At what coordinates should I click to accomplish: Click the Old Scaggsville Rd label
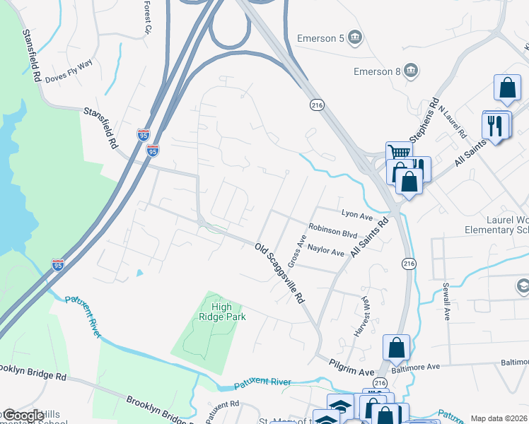point(279,274)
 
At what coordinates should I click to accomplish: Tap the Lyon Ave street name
point(356,213)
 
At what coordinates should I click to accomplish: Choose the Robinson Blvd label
point(333,231)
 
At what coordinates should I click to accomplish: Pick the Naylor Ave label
point(326,252)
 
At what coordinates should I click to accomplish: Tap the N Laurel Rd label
point(452,121)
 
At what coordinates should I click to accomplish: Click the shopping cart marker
point(399,153)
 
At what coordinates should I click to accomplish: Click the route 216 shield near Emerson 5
point(317,104)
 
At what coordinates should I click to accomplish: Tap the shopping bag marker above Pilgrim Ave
point(396,346)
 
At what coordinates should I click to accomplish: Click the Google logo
point(23,416)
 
